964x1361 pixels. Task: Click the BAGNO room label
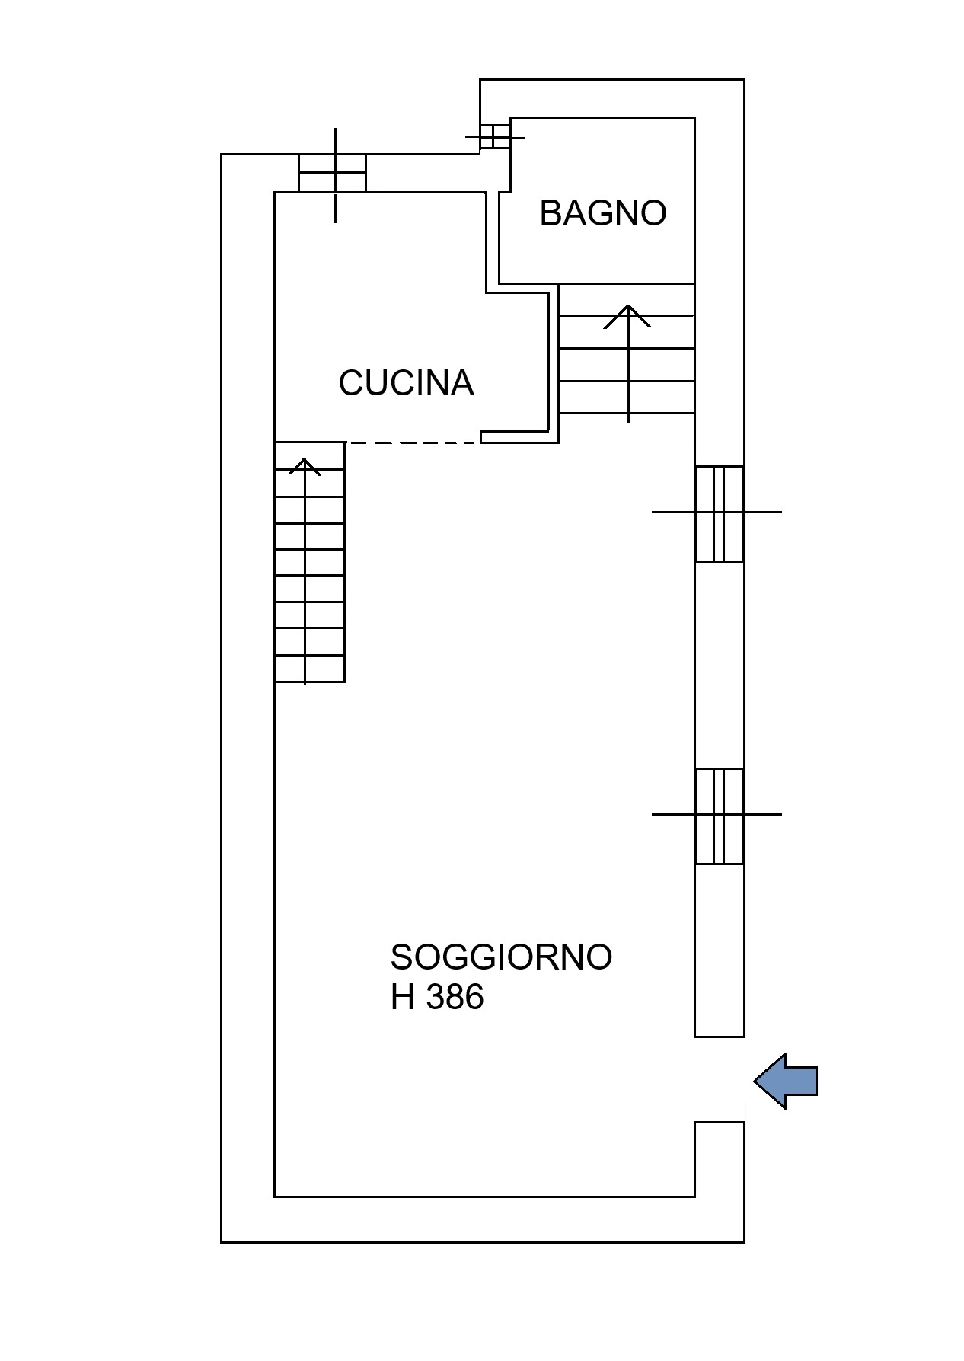pos(602,213)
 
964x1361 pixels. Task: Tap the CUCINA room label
pos(406,382)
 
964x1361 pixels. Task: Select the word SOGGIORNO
pos(501,957)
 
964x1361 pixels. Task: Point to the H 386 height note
pos(437,997)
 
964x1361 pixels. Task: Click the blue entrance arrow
pos(785,1081)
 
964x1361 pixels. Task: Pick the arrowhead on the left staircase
pos(305,466)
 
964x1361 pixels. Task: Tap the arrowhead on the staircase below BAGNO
pos(628,317)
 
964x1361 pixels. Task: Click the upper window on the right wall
pos(719,513)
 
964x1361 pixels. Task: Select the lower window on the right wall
pos(719,816)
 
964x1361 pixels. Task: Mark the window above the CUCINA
pos(332,174)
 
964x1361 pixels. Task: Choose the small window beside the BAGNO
pos(495,137)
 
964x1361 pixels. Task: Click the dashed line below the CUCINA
pos(413,442)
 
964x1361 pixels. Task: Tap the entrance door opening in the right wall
pos(719,1079)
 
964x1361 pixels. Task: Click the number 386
pos(455,997)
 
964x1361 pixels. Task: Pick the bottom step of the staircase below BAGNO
pos(627,397)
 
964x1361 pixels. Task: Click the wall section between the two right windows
pos(719,665)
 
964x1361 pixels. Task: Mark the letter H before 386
pos(403,997)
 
